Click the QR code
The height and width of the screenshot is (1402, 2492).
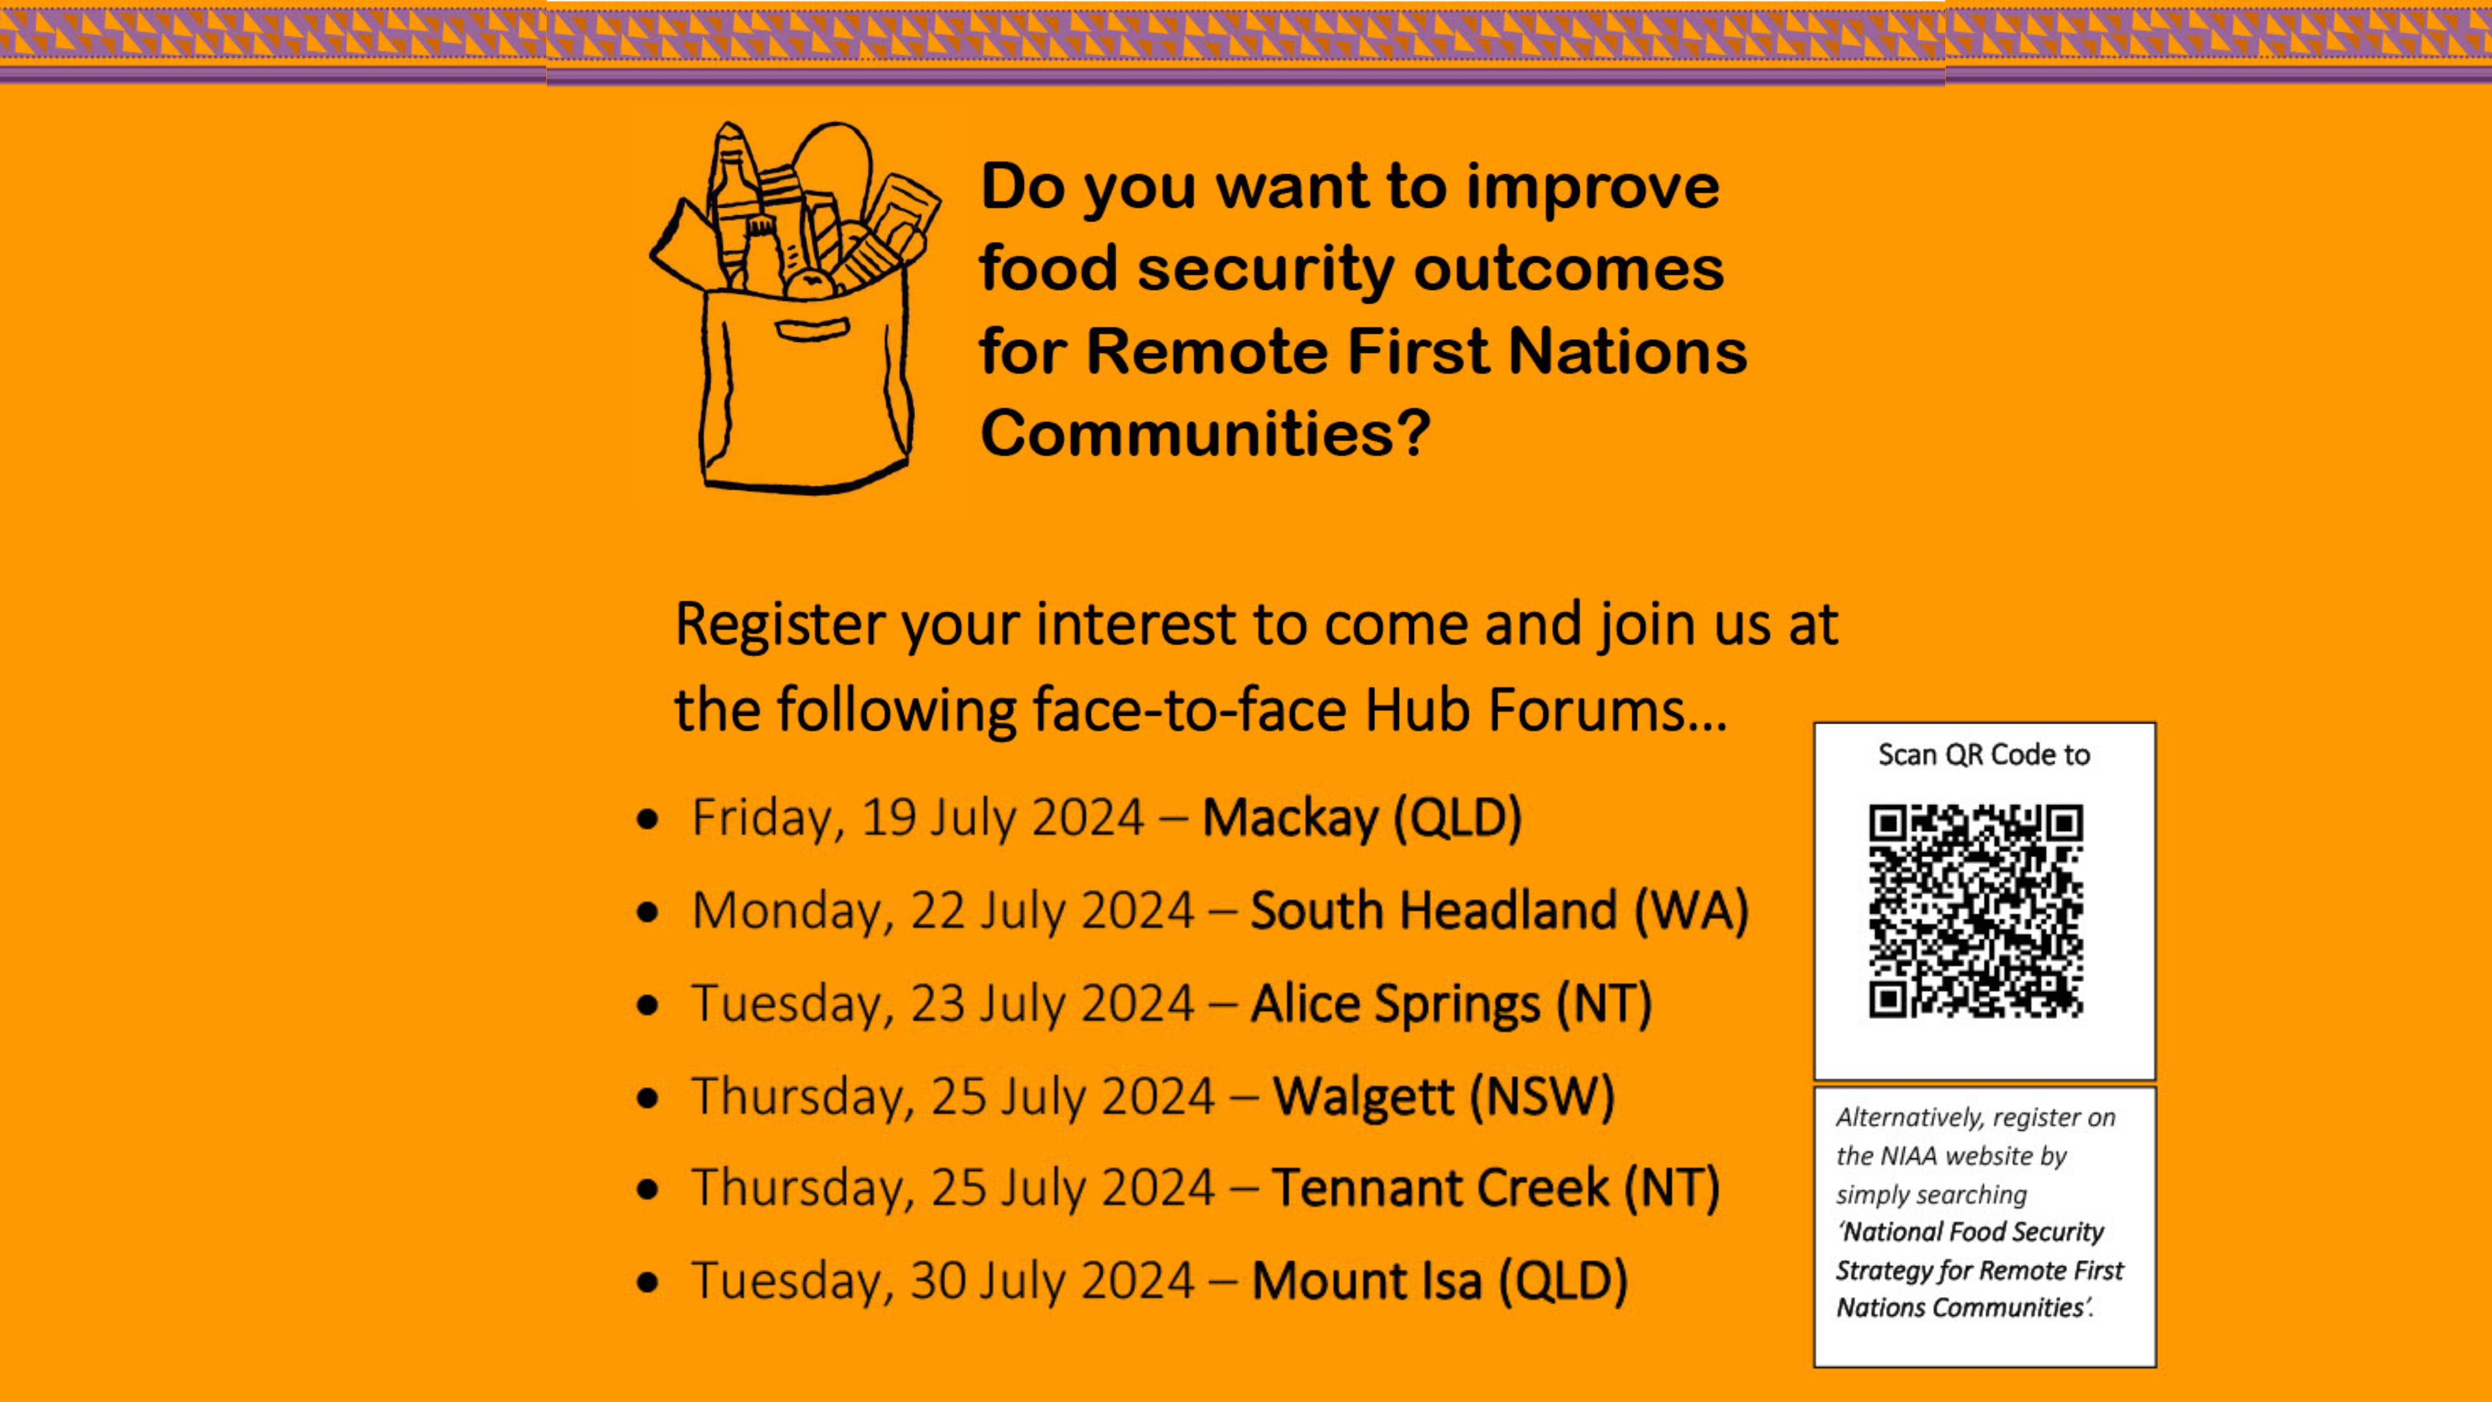coord(1975,911)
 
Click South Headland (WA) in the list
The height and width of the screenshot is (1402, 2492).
coord(1500,911)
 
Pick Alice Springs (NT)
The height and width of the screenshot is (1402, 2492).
coord(1451,1004)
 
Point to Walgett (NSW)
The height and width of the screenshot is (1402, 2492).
coord(1444,1096)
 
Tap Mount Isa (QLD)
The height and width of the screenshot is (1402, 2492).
coord(1440,1281)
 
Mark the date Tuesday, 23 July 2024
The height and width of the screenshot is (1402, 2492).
coord(942,1004)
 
